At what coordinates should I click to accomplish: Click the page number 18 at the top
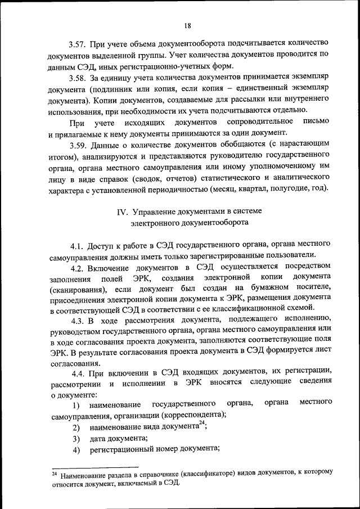(x=187, y=25)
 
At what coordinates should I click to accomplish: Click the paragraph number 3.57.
(x=79, y=43)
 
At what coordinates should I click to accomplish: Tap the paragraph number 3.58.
(x=79, y=78)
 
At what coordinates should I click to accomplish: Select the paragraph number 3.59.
(x=79, y=145)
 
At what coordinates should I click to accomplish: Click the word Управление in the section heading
(x=159, y=212)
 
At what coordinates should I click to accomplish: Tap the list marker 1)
(x=76, y=406)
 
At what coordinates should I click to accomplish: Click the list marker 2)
(x=76, y=428)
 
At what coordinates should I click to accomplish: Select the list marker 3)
(x=76, y=439)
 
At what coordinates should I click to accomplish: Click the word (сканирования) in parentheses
(x=77, y=290)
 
